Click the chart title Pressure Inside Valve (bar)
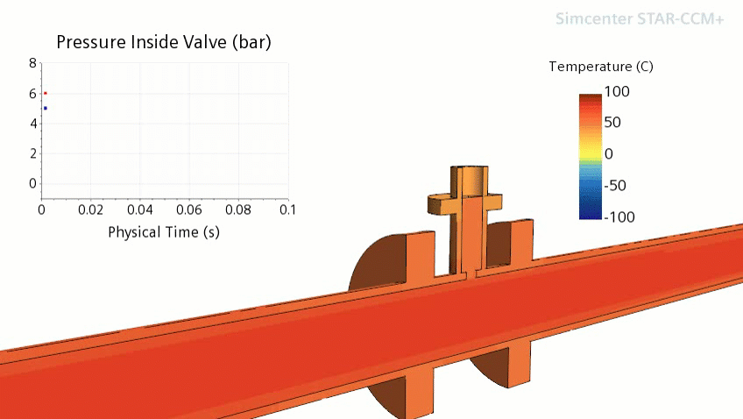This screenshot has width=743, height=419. (164, 42)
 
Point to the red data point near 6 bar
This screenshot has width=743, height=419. (46, 94)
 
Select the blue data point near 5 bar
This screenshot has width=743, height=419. (46, 108)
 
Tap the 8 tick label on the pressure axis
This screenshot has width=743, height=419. (32, 63)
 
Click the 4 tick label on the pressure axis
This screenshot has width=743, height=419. (33, 124)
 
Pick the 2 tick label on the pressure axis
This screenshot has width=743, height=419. (33, 153)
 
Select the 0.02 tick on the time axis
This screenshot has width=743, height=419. (90, 209)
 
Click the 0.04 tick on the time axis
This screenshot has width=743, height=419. (140, 209)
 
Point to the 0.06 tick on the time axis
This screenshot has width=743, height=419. (189, 209)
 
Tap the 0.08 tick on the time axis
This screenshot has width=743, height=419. (238, 209)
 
